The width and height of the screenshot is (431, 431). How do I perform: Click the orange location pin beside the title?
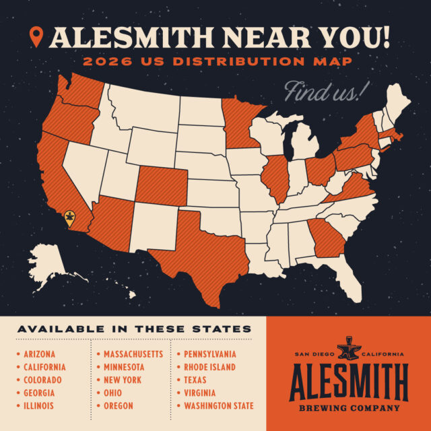point(37,37)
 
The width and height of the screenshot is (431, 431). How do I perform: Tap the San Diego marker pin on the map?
point(69,217)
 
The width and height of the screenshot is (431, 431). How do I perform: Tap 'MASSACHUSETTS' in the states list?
point(133,354)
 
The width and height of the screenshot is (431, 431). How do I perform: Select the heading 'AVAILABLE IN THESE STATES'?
point(134,329)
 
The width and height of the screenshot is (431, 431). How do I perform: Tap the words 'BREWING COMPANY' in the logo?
point(348,407)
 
